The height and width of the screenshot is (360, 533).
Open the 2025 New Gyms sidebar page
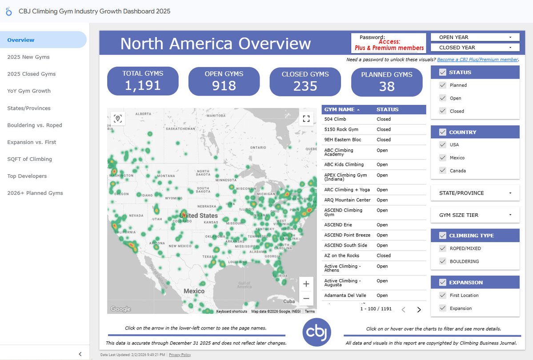[x=28, y=57]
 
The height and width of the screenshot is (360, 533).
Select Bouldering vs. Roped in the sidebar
[x=35, y=125]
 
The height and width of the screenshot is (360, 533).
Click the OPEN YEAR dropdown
[x=475, y=37]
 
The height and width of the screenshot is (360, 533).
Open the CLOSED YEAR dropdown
[x=475, y=48]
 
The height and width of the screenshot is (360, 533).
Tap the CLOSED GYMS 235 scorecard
[x=305, y=81]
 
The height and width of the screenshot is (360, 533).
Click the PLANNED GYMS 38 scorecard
[x=386, y=81]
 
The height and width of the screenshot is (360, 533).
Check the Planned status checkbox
[x=443, y=85]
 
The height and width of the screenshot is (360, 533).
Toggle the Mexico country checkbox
[x=443, y=158]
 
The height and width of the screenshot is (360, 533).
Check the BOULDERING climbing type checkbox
[x=443, y=261]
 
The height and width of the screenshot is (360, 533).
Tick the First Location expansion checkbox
[x=443, y=295]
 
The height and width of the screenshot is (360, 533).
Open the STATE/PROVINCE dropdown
[x=475, y=193]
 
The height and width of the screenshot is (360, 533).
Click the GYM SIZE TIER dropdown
[x=475, y=215]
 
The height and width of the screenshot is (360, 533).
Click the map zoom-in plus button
[x=306, y=284]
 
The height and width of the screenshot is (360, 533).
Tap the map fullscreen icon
[x=306, y=118]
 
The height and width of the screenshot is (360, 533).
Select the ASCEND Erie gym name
[x=338, y=225]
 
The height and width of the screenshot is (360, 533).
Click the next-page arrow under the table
[x=419, y=310]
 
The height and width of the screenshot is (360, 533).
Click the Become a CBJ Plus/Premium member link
[x=477, y=60]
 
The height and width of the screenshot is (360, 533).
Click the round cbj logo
[x=317, y=332]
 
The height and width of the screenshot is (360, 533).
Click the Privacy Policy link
[x=180, y=355]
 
